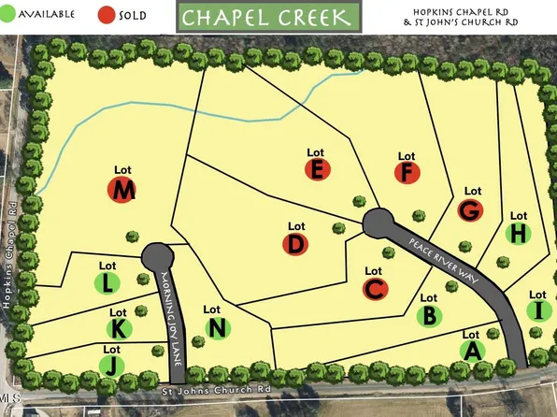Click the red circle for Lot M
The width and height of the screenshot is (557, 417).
click(x=123, y=192)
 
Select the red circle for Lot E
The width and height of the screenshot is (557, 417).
click(x=318, y=169)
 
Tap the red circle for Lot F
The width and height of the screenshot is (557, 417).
click(x=406, y=172)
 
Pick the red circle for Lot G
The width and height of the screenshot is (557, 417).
click(x=471, y=209)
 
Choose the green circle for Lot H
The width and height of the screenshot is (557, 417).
click(x=519, y=233)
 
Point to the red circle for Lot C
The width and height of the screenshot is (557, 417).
click(x=374, y=289)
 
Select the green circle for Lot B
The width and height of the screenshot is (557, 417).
click(x=430, y=316)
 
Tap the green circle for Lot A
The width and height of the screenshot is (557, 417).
click(x=472, y=351)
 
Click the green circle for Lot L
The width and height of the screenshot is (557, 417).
click(x=108, y=281)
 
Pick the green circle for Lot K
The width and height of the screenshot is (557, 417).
click(x=119, y=329)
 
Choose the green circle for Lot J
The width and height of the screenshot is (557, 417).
click(x=110, y=365)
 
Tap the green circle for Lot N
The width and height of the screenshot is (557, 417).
click(x=217, y=327)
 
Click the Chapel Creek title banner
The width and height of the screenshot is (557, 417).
click(x=267, y=18)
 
